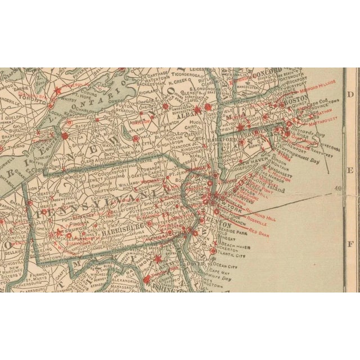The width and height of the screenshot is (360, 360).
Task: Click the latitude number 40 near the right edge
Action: [x=338, y=188]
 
